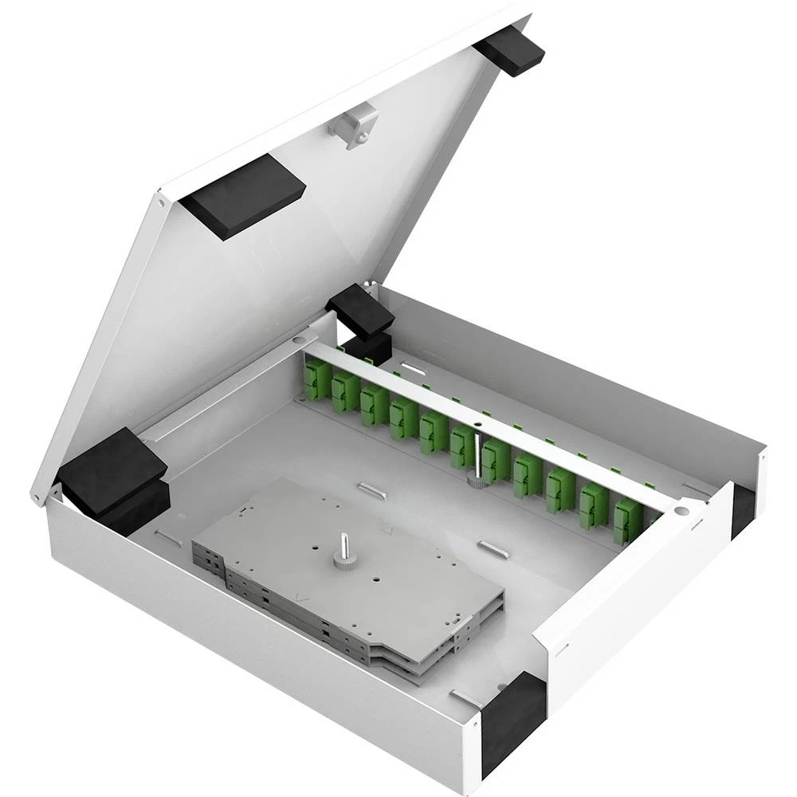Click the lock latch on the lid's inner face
(x=355, y=125)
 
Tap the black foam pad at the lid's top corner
(x=510, y=49)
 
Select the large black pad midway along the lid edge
(x=242, y=194)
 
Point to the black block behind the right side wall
(x=742, y=509)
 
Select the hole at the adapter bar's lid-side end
(x=301, y=340)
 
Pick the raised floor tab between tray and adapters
(x=372, y=490)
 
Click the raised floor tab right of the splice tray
(x=492, y=548)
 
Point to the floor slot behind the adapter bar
(x=412, y=367)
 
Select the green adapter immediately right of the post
(x=497, y=461)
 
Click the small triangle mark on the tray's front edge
(x=300, y=596)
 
